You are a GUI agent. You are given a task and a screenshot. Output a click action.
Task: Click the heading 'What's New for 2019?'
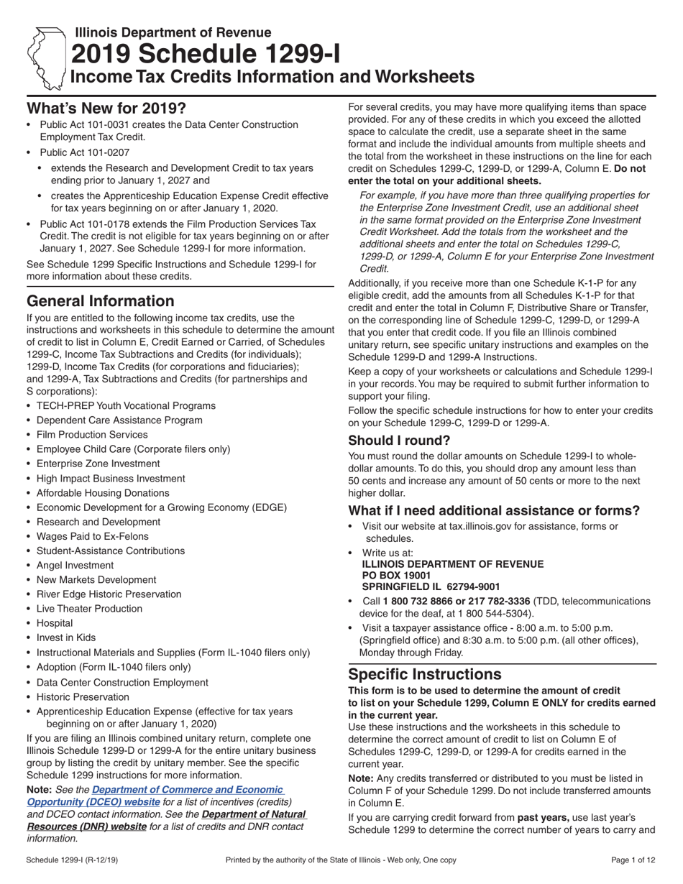(106, 109)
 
